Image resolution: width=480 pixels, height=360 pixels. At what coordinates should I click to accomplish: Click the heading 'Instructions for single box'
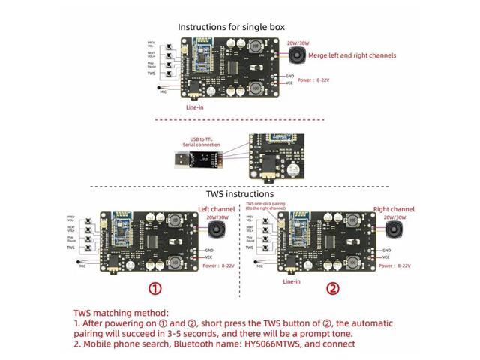pos(231,27)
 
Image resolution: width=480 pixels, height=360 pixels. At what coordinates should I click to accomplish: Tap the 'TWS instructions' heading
pos(239,193)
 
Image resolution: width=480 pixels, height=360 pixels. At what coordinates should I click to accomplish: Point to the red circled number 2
pos(332,288)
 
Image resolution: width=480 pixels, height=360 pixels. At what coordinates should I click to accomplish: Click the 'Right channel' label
pos(394,209)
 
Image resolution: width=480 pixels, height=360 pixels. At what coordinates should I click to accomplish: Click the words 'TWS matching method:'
pos(120,313)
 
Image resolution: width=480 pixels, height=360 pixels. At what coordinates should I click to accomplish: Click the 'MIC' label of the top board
pos(163,91)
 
